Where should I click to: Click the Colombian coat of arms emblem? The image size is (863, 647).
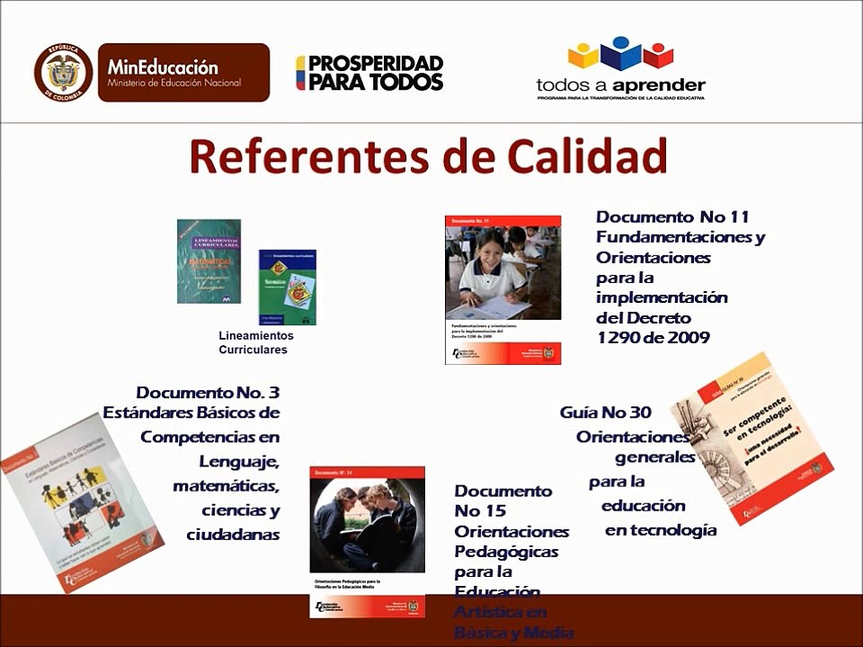tap(63, 73)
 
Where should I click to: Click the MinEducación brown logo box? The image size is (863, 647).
tap(183, 73)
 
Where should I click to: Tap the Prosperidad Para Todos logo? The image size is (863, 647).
tap(369, 73)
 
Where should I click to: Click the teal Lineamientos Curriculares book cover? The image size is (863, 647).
tap(209, 261)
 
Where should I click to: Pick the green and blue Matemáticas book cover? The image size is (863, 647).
tap(288, 287)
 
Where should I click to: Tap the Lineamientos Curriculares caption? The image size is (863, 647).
tap(256, 342)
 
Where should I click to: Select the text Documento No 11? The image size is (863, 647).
tap(672, 217)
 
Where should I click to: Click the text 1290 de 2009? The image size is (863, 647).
tap(653, 338)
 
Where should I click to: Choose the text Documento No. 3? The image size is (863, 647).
tap(208, 393)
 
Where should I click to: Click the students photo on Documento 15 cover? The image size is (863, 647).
tap(367, 521)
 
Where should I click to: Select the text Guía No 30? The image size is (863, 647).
tap(605, 412)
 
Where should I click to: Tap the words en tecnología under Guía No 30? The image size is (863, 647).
tap(661, 529)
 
